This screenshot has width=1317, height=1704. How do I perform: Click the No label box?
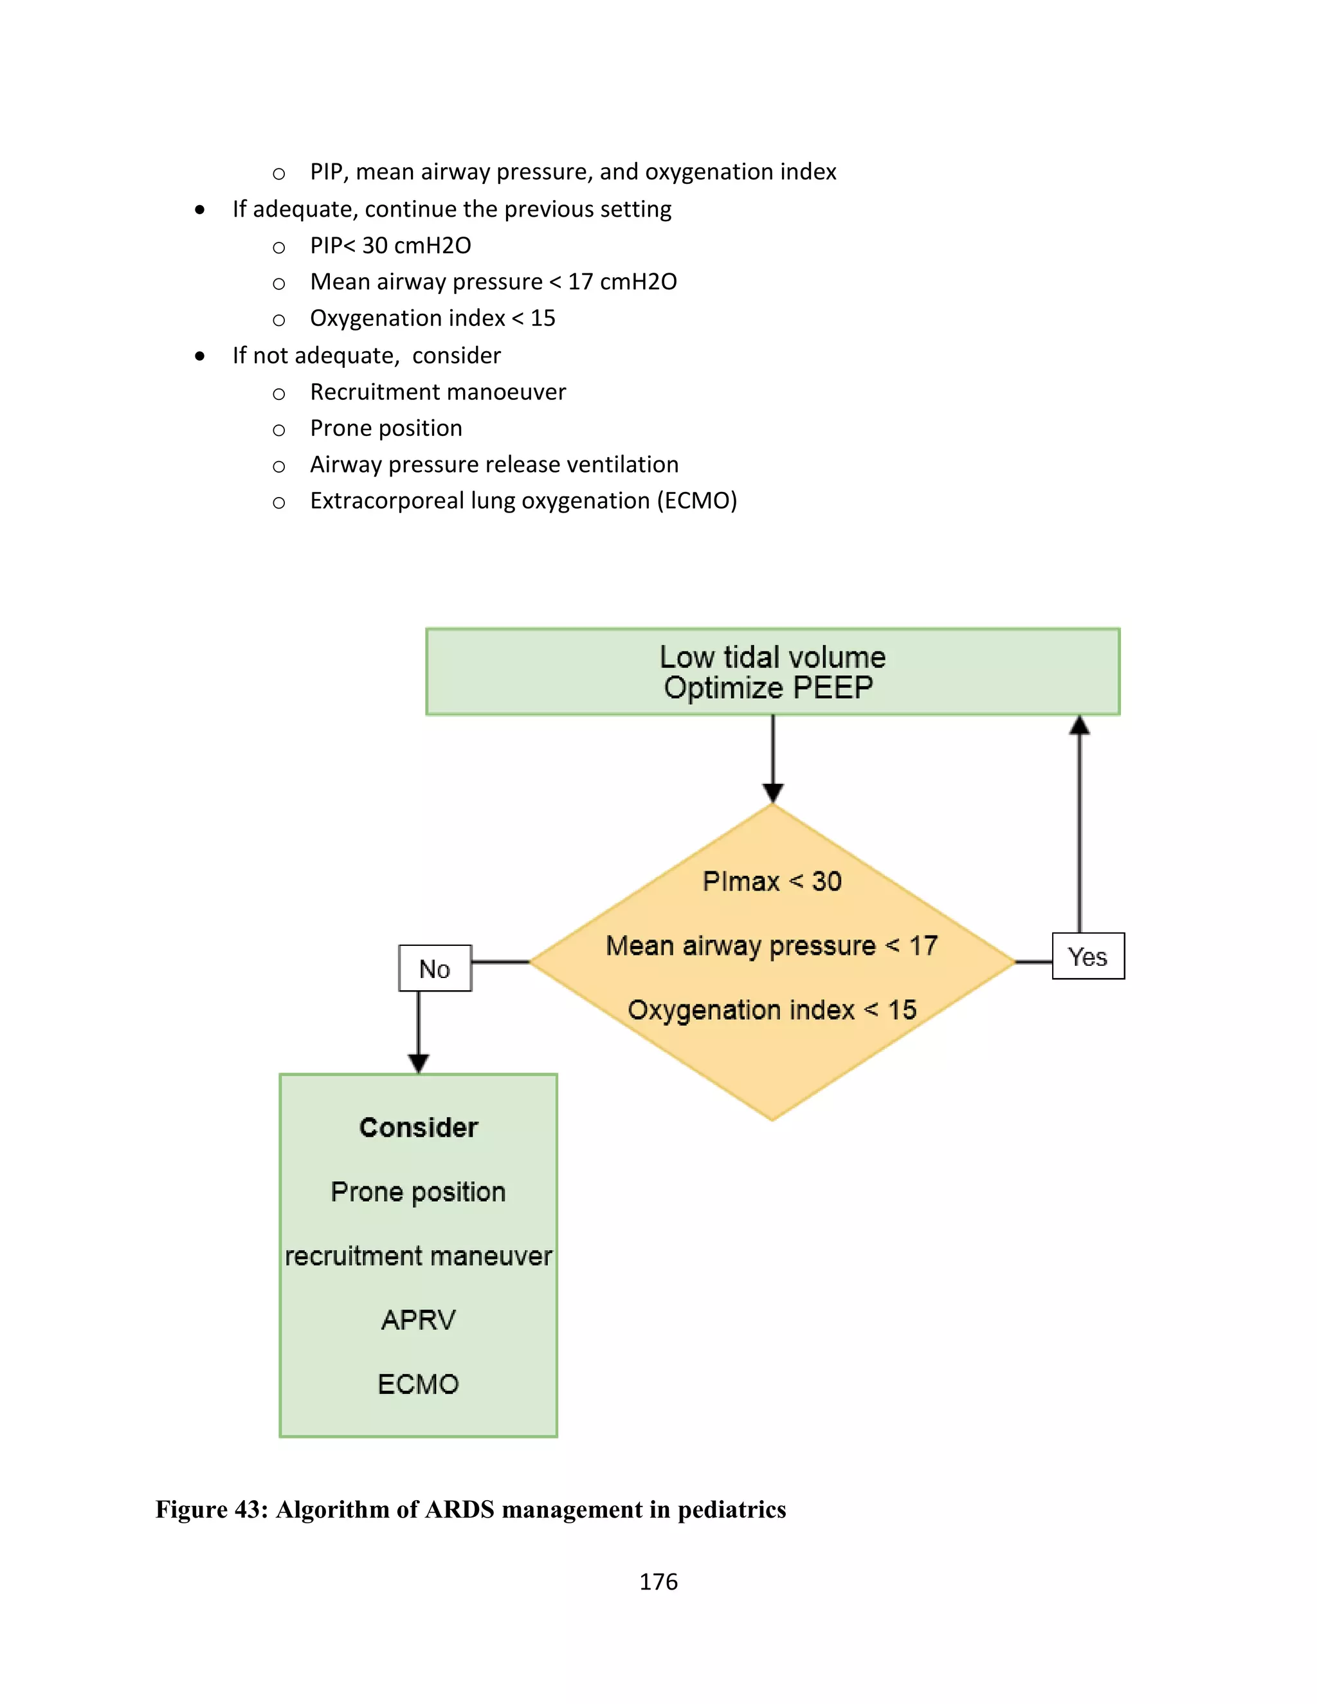click(x=435, y=968)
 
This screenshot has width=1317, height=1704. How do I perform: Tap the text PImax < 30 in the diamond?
click(x=772, y=881)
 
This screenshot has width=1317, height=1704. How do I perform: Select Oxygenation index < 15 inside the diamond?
click(x=772, y=1010)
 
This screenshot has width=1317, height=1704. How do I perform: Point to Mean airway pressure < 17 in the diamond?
click(x=772, y=946)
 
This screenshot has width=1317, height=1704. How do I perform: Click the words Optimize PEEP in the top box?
click(x=768, y=688)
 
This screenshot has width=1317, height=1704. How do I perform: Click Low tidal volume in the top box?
click(x=772, y=657)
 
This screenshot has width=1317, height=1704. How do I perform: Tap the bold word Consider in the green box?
click(x=418, y=1127)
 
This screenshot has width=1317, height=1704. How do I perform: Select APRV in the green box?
click(x=418, y=1320)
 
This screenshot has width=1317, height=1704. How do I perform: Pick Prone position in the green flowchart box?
click(x=418, y=1192)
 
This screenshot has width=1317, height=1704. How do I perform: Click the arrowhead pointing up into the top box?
click(x=1079, y=725)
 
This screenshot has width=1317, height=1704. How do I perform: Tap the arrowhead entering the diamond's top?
click(x=772, y=793)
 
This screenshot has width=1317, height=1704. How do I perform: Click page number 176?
click(x=658, y=1582)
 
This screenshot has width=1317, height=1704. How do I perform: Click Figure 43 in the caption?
click(x=211, y=1510)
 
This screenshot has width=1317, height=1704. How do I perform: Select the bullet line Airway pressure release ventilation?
click(x=494, y=464)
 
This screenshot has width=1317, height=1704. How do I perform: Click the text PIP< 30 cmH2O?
click(x=390, y=245)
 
